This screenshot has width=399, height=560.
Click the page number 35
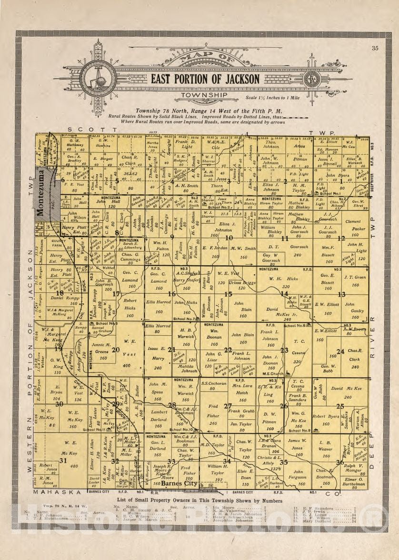pyautogui.click(x=375, y=48)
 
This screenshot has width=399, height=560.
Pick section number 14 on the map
pyautogui.click(x=284, y=294)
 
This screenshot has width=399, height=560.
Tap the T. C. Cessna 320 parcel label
pyautogui.click(x=299, y=347)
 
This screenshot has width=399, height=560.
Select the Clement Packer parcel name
pyautogui.click(x=353, y=225)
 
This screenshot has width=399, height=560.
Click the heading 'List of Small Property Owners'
pyautogui.click(x=199, y=500)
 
